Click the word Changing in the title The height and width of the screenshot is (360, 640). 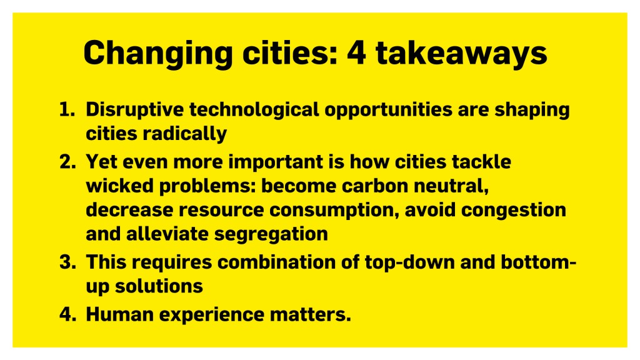pyautogui.click(x=158, y=54)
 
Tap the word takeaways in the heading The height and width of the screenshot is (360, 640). pyautogui.click(x=461, y=54)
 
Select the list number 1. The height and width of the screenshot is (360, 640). pyautogui.click(x=67, y=109)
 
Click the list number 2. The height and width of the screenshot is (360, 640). pyautogui.click(x=67, y=162)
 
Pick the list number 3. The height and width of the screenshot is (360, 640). pyautogui.click(x=67, y=262)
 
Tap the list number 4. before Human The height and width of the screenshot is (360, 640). pyautogui.click(x=67, y=314)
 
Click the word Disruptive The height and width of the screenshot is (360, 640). pyautogui.click(x=135, y=110)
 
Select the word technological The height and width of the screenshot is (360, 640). pyautogui.click(x=254, y=110)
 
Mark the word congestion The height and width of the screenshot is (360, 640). pyautogui.click(x=514, y=211)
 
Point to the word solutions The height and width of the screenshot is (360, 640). pyautogui.click(x=159, y=286)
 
